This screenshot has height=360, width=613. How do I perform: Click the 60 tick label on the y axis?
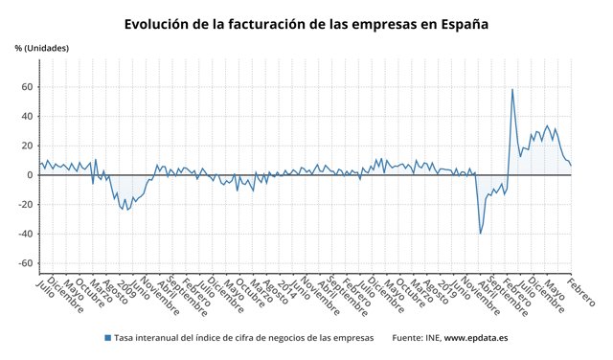tap(27, 87)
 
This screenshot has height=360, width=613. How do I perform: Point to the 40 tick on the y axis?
tap(27, 117)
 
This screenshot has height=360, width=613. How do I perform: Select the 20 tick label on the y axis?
tap(27, 146)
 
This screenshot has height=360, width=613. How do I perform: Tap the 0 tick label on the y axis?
tap(30, 175)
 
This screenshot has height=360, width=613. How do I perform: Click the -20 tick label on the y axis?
tap(25, 205)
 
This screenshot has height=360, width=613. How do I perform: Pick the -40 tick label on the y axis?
tap(25, 234)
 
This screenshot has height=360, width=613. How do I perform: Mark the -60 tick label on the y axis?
tap(25, 263)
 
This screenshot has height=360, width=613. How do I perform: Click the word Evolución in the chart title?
tap(162, 22)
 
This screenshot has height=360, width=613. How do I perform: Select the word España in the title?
tap(459, 22)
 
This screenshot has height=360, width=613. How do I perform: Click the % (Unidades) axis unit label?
tap(41, 48)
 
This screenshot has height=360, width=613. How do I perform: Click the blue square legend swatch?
tap(106, 338)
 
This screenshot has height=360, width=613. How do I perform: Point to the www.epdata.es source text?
tap(478, 338)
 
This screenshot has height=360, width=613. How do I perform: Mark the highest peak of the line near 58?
tap(512, 90)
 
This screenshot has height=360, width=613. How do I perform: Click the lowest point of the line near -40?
tap(481, 233)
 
